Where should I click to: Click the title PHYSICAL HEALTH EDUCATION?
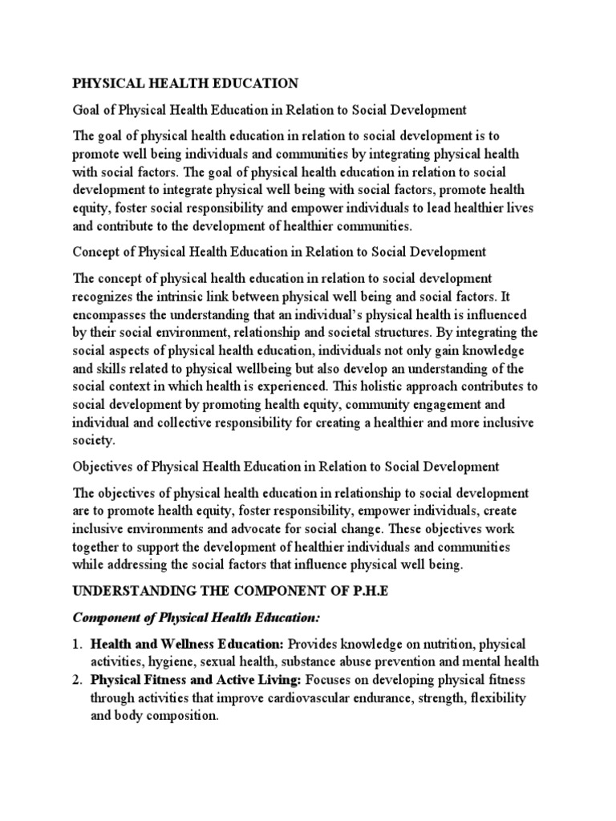(186, 83)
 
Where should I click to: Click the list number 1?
(78, 645)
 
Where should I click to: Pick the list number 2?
(78, 680)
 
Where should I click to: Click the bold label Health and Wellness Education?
(187, 645)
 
